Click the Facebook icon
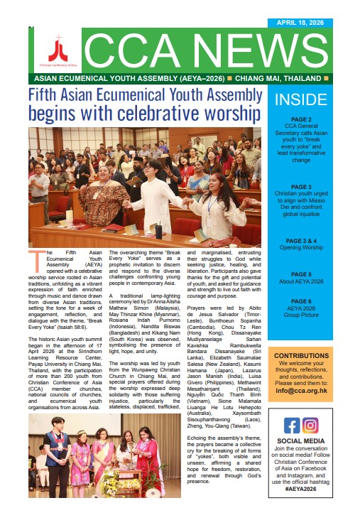click(x=292, y=426)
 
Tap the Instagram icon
click(x=310, y=426)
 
